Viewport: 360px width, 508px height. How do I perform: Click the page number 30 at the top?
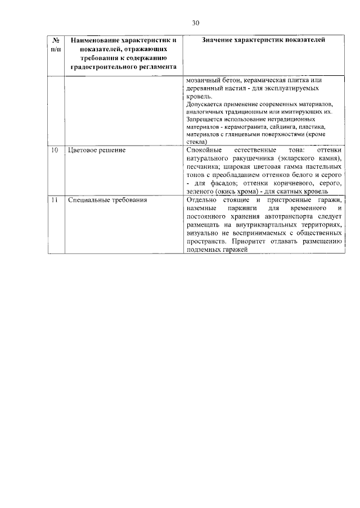coord(195,23)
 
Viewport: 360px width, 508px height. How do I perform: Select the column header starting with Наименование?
coord(120,53)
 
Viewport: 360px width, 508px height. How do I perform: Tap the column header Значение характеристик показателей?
coord(263,40)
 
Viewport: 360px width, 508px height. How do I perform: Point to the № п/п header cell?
coord(56,45)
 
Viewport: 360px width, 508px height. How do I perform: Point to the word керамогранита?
coord(239,128)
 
